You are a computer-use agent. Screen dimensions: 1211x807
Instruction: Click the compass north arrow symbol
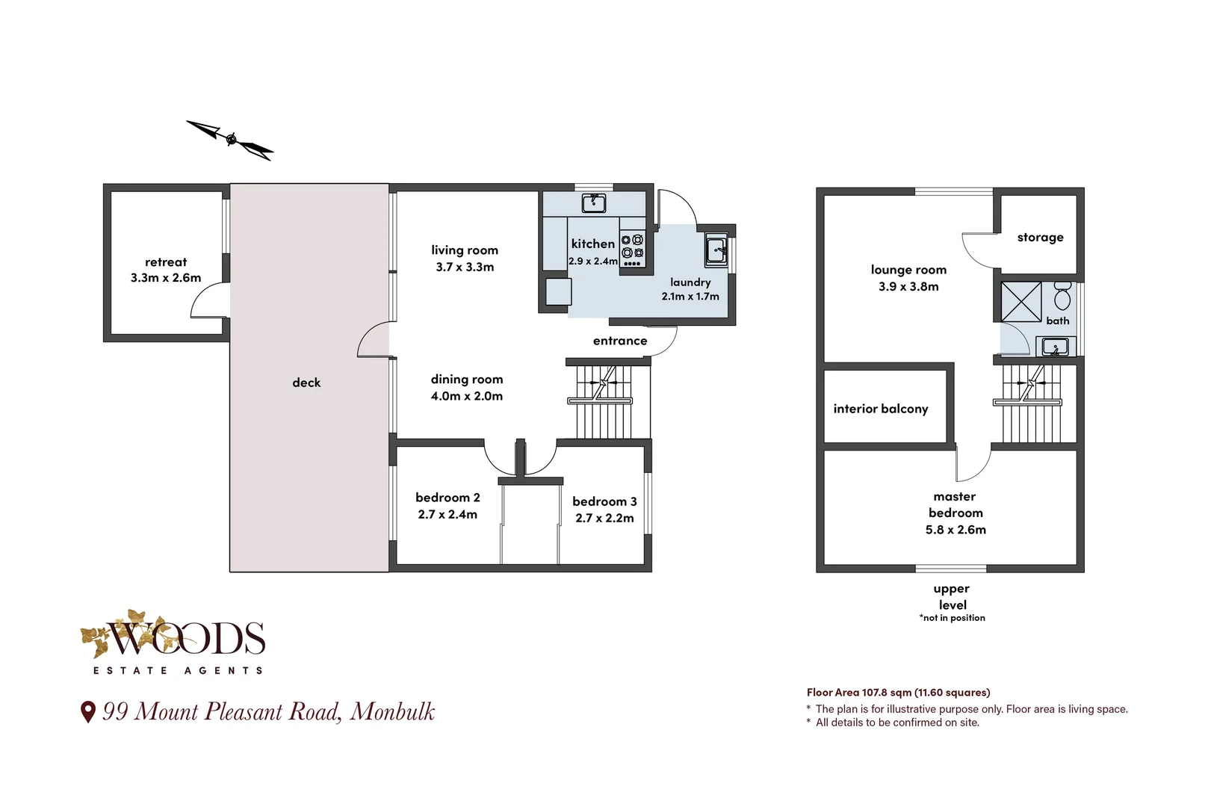click(x=230, y=140)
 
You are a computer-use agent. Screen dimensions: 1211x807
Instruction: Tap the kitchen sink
click(x=594, y=203)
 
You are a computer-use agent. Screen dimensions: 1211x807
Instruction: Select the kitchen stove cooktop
click(x=633, y=250)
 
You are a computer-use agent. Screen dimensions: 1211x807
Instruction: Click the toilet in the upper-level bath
click(x=1062, y=296)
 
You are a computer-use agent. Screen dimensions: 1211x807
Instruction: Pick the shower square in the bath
click(x=1020, y=302)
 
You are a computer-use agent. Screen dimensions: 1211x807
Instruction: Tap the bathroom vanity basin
click(x=1055, y=346)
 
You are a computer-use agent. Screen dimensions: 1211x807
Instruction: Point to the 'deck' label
click(x=306, y=383)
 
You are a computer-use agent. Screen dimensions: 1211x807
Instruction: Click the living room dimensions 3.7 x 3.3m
click(x=465, y=268)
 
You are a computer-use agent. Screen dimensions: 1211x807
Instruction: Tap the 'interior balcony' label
click(x=881, y=409)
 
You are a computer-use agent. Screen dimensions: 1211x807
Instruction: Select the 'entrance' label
click(x=620, y=341)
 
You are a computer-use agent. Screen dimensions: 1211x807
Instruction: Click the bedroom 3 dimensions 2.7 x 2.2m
click(x=604, y=518)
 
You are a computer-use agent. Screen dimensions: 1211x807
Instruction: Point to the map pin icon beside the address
click(x=88, y=712)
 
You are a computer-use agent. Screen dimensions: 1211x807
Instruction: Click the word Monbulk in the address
click(x=392, y=712)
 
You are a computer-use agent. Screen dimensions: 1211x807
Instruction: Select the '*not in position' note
click(x=952, y=618)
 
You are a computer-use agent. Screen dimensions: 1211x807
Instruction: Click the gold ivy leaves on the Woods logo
click(x=114, y=633)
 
